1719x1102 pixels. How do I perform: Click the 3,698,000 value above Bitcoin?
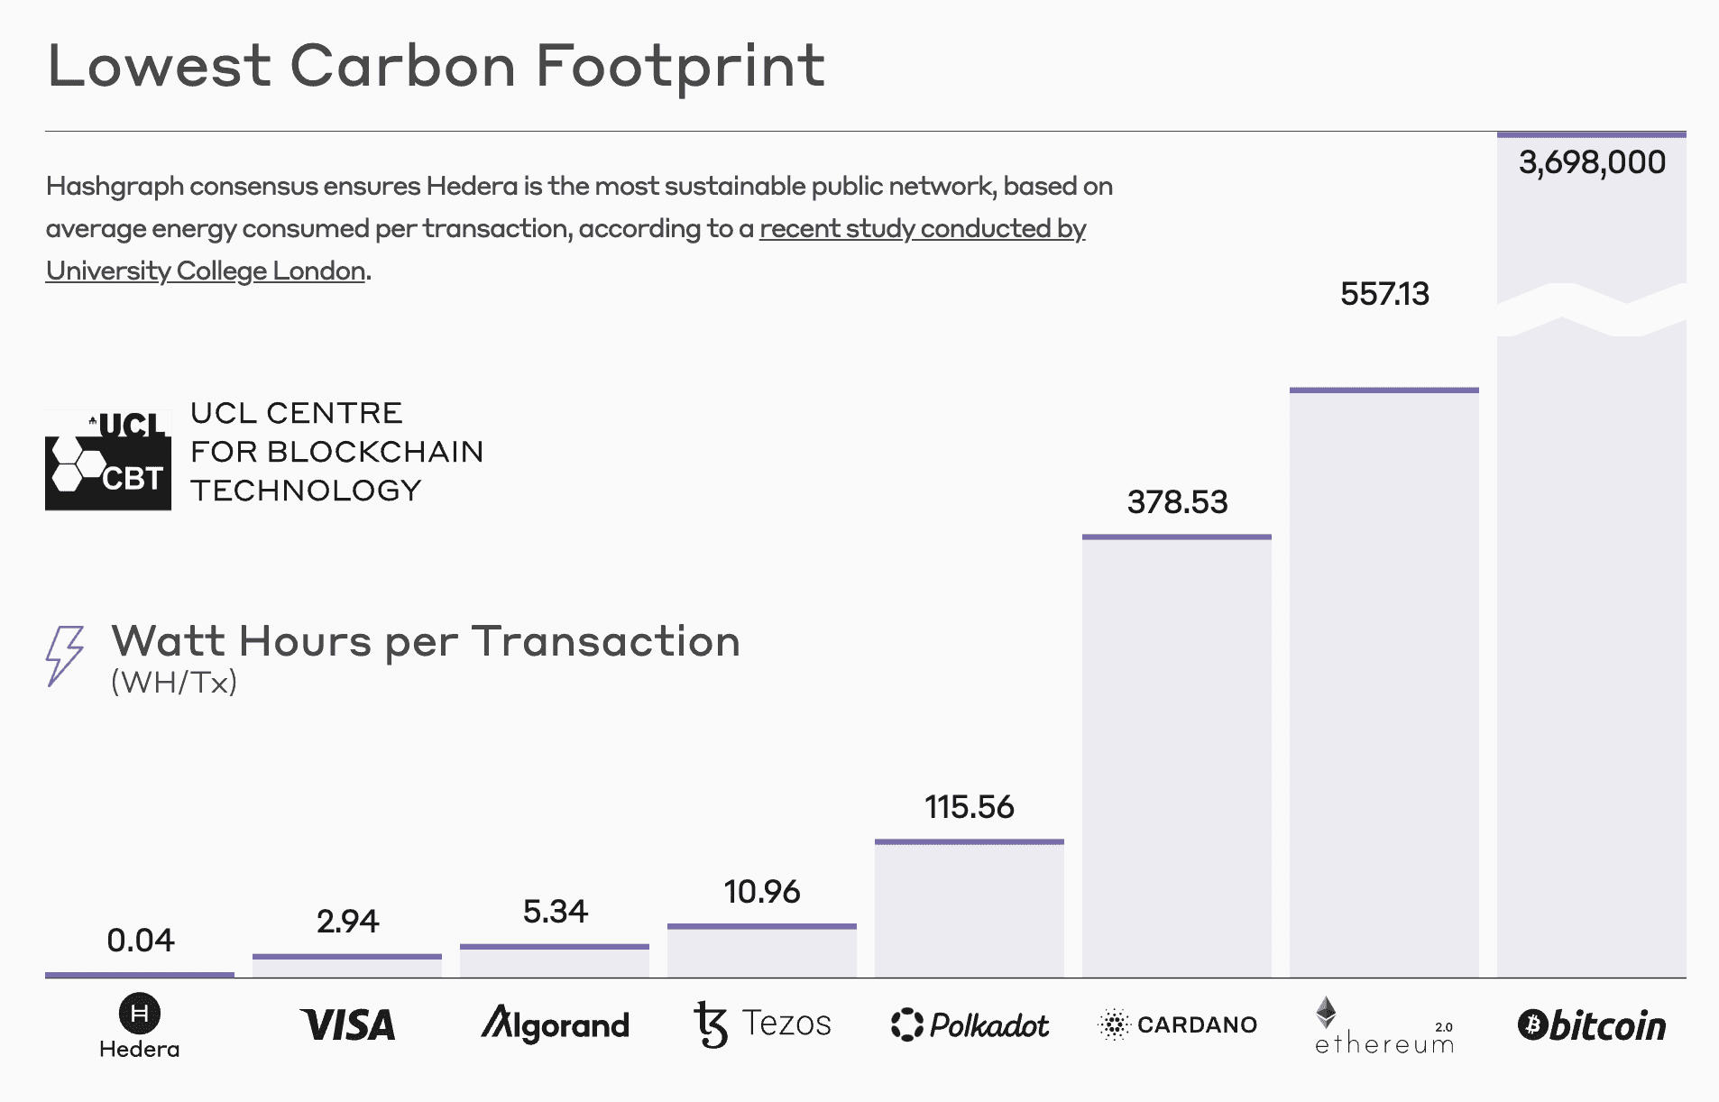pyautogui.click(x=1592, y=163)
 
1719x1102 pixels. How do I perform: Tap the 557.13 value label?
pyautogui.click(x=1384, y=294)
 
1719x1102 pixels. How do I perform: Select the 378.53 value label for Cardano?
pyautogui.click(x=1177, y=502)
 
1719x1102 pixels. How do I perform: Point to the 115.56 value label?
pyautogui.click(x=969, y=807)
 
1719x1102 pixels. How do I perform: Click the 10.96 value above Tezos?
pyautogui.click(x=761, y=892)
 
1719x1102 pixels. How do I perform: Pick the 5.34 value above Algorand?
pyautogui.click(x=555, y=912)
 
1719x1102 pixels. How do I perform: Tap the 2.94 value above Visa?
pyautogui.click(x=347, y=922)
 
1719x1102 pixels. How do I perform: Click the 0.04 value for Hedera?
pyautogui.click(x=140, y=941)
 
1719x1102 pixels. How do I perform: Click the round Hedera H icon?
pyautogui.click(x=140, y=1014)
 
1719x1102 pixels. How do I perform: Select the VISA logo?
pyautogui.click(x=347, y=1025)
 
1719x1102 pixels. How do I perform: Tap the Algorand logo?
pyautogui.click(x=555, y=1025)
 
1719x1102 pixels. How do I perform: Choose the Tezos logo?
pyautogui.click(x=762, y=1025)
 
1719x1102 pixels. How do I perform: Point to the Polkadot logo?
pyautogui.click(x=970, y=1025)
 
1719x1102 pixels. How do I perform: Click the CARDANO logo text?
pyautogui.click(x=1196, y=1025)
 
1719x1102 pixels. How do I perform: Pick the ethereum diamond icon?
pyautogui.click(x=1326, y=1012)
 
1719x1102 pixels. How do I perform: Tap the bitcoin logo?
pyautogui.click(x=1592, y=1025)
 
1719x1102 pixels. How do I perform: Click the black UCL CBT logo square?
pyautogui.click(x=108, y=460)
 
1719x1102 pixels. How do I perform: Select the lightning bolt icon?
pyautogui.click(x=65, y=656)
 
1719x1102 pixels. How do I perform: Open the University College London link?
pyautogui.click(x=206, y=271)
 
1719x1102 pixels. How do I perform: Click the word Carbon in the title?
pyautogui.click(x=402, y=67)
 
